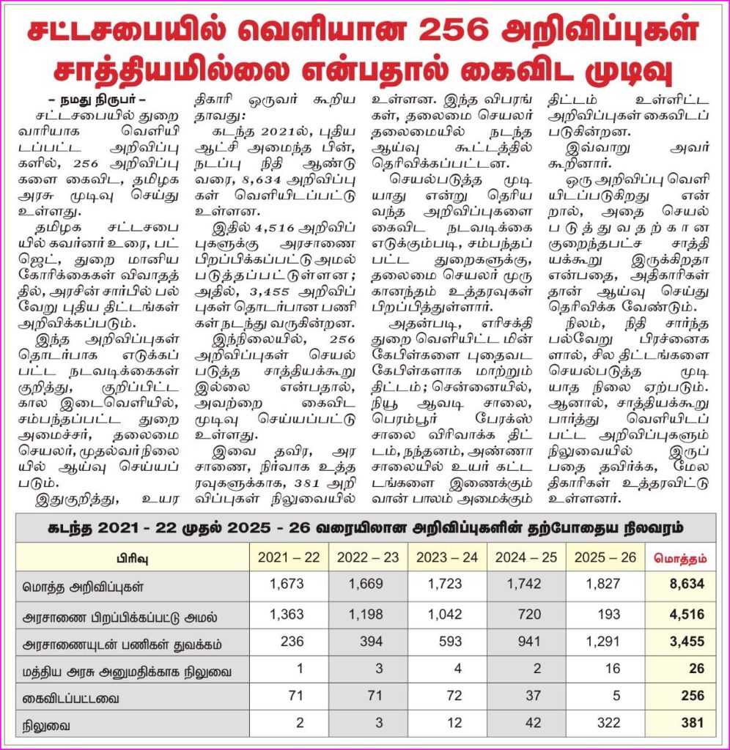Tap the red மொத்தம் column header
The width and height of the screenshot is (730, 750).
coord(679,557)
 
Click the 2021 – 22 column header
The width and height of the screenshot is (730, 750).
coord(289,557)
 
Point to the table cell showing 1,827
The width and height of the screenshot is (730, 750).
coord(603,584)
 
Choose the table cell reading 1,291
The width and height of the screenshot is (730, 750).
coord(603,641)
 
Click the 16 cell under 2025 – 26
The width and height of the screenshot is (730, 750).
coord(613,669)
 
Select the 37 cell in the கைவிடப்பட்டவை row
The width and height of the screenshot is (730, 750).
coord(533,696)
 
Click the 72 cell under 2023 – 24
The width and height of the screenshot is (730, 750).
coord(454,696)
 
